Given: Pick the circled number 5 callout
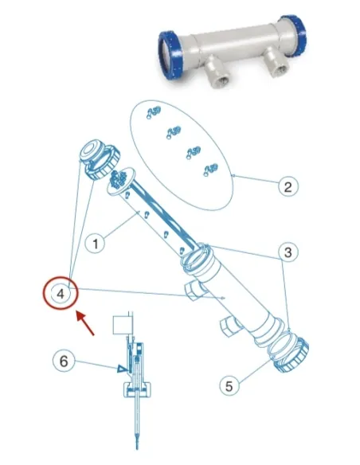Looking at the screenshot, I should [229, 385].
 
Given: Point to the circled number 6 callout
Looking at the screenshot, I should [65, 360].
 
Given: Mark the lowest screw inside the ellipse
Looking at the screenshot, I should [210, 167].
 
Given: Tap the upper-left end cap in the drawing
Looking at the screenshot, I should [96, 155].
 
